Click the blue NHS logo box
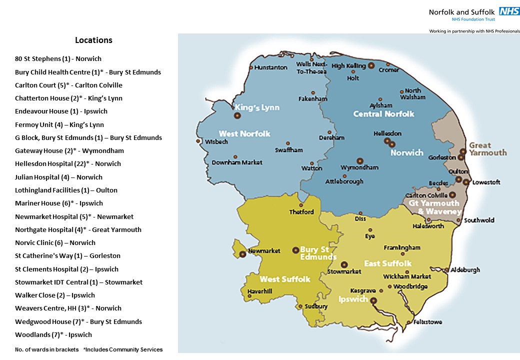point(508,11)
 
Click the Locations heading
point(93,40)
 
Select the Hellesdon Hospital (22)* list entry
point(68,164)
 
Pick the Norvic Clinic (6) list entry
point(55,243)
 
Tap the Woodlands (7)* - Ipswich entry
point(53,335)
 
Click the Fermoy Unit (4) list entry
point(59,124)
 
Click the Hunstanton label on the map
point(270,67)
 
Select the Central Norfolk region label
point(383,114)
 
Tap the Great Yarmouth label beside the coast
point(487,149)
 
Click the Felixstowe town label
point(427,322)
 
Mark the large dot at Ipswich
point(373,301)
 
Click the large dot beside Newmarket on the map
point(243,254)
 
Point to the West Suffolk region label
point(285,279)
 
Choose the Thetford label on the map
point(301,212)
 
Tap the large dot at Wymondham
point(359,161)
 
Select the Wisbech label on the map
point(216,142)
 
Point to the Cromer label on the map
point(388,70)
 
